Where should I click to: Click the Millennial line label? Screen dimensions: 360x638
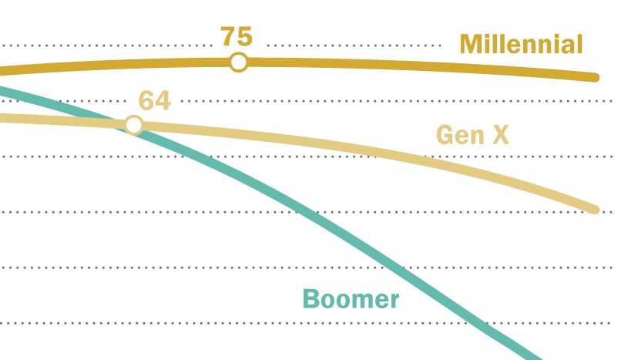[x=521, y=44]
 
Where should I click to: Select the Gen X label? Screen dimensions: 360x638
[x=472, y=136]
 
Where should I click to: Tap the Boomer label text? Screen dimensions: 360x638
[x=351, y=299]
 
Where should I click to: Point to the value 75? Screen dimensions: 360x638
[x=237, y=37]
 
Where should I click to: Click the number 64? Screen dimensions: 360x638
[x=154, y=100]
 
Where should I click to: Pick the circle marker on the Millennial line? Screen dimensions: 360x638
[x=239, y=62]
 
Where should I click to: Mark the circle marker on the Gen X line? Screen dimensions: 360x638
[x=134, y=125]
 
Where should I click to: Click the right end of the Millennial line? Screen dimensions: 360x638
[x=594, y=77]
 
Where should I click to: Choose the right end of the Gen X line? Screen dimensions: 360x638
[x=594, y=209]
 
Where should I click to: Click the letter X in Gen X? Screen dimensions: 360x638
[x=500, y=136]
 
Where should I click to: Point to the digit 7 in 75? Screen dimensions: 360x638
[x=228, y=37]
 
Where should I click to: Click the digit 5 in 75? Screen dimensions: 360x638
[x=245, y=37]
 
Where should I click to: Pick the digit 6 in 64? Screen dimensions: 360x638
[x=146, y=100]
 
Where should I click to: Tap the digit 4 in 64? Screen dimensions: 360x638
[x=163, y=100]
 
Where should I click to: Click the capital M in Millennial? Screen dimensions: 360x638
[x=472, y=44]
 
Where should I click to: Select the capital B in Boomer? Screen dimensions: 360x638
[x=311, y=299]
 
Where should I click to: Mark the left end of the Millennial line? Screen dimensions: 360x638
[x=2, y=72]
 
